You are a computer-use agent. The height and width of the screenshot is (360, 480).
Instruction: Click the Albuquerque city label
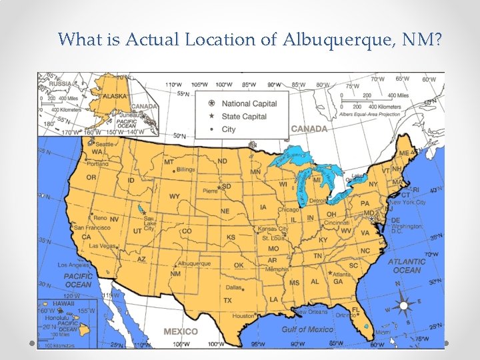194,264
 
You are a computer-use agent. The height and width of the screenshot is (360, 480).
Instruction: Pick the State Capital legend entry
244,117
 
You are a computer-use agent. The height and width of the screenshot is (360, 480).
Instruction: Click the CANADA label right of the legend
309,129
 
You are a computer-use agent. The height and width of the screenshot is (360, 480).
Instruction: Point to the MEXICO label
180,331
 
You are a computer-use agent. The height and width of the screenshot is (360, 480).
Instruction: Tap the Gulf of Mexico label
307,329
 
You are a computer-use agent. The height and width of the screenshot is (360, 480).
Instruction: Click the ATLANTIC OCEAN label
407,266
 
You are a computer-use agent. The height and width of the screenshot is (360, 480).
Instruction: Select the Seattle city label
105,144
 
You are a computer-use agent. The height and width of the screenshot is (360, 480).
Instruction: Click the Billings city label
186,170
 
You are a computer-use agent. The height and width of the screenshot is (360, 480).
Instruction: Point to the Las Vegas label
103,245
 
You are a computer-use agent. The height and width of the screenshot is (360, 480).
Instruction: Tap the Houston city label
243,316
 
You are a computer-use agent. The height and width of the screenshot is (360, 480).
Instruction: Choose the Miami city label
383,332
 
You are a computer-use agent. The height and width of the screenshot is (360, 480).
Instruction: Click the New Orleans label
311,312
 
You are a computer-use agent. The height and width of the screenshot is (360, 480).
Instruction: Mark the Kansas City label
274,229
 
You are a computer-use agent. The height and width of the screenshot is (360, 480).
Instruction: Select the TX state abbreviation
227,301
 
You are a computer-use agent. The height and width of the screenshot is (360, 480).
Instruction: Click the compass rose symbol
405,306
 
